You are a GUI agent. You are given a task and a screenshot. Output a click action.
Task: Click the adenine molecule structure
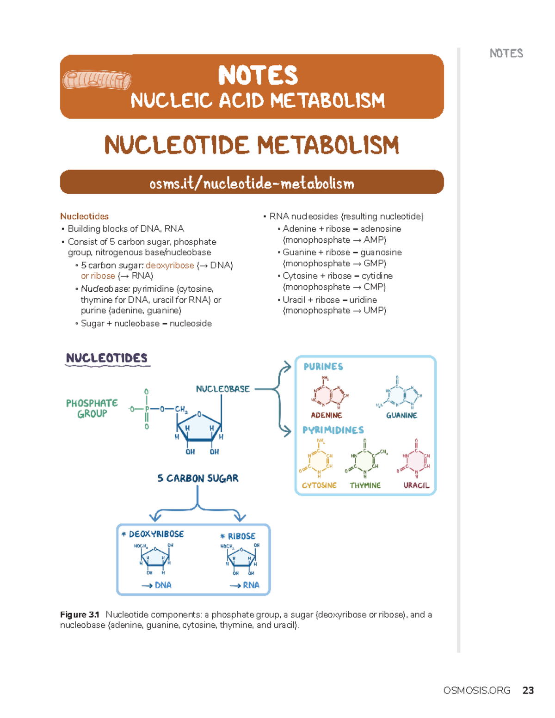330,394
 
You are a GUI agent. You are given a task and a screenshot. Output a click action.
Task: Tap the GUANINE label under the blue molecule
401,415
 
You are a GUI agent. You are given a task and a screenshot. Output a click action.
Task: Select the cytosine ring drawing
319,460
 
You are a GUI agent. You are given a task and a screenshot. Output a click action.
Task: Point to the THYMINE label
365,485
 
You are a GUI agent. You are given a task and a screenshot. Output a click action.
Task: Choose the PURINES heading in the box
323,367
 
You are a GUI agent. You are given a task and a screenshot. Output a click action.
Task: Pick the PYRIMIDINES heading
333,430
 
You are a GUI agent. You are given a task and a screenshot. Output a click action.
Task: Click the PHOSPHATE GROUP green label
92,408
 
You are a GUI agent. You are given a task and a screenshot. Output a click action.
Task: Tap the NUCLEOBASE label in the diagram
222,389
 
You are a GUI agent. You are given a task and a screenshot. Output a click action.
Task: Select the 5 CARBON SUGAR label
197,478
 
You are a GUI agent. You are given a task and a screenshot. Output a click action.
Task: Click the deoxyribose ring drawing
155,558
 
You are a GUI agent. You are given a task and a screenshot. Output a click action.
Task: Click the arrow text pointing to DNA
157,585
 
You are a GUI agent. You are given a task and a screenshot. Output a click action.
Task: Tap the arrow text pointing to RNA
245,585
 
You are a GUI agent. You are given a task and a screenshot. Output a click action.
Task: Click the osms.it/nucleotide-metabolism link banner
252,183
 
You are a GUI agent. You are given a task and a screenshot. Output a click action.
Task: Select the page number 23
528,690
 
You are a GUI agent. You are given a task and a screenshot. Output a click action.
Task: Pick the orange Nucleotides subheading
84,216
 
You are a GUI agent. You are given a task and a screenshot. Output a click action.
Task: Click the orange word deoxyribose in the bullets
170,265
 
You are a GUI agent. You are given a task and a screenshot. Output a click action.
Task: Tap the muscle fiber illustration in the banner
97,80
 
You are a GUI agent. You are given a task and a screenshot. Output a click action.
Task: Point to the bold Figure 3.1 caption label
80,614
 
